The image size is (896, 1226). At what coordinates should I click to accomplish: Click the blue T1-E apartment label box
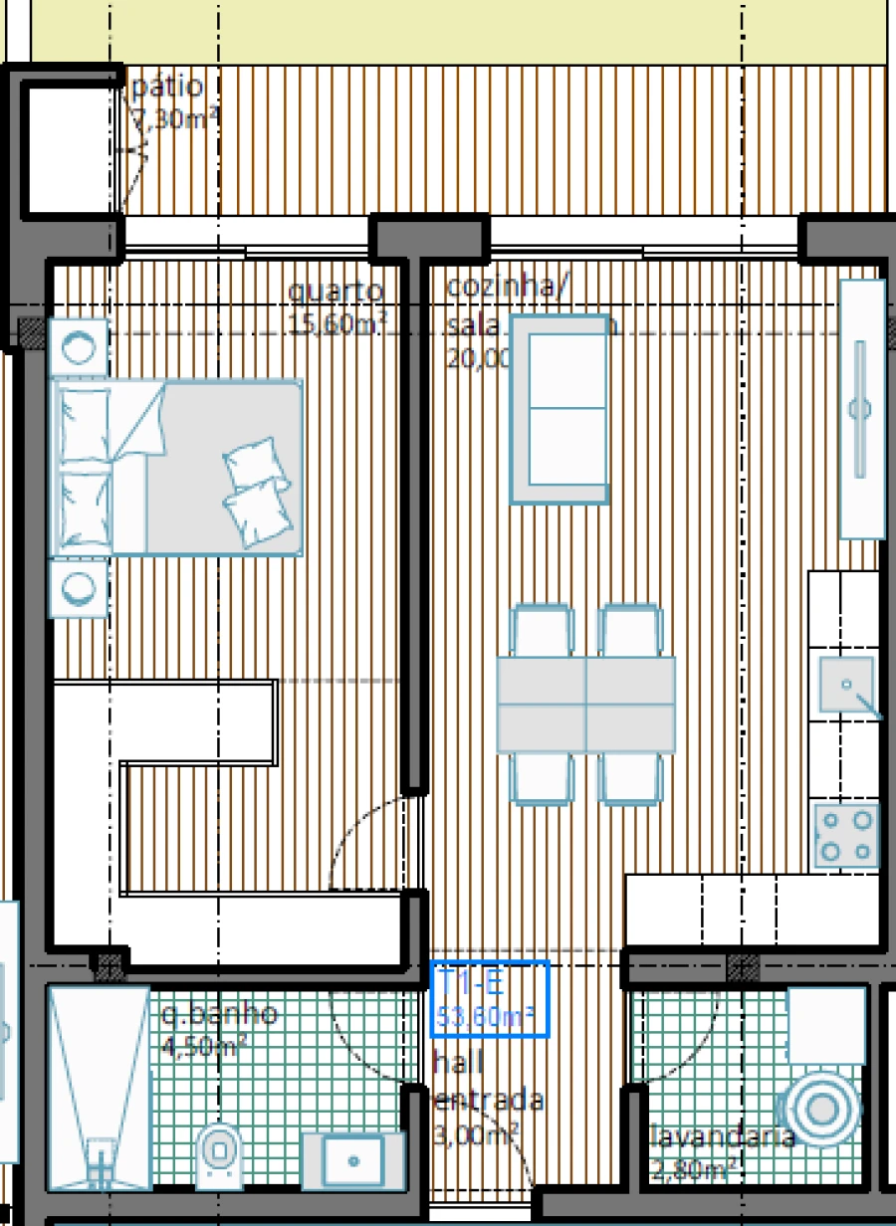tap(490, 999)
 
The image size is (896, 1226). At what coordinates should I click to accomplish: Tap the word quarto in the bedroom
tap(336, 292)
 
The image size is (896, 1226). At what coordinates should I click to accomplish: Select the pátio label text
tap(167, 88)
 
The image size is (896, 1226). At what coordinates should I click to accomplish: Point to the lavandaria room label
tap(722, 1137)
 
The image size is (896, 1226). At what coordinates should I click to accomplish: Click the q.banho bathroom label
tap(219, 1016)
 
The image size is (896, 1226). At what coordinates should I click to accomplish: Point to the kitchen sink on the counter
tap(846, 686)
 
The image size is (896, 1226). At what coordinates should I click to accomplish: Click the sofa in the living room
tap(560, 409)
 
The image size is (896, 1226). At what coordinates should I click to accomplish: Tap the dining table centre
tap(585, 705)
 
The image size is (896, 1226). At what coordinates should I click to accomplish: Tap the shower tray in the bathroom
tap(99, 1088)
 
